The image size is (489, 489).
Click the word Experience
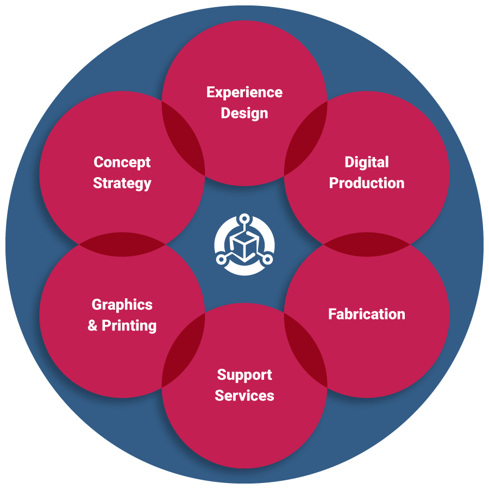coord(244,92)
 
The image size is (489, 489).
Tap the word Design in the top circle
coord(244,114)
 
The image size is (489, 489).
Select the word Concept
coord(122,162)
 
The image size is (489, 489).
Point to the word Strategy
coord(122,183)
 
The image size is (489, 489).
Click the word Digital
coord(367,162)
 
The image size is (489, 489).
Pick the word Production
coord(367,183)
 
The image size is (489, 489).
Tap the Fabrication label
coord(367,314)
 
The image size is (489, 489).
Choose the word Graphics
coord(122,305)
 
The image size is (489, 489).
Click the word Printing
coord(129,326)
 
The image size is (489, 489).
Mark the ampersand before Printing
coord(93,326)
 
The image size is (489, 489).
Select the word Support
coord(244,375)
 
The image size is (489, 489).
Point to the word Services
coord(244,396)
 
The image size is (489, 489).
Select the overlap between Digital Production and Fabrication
coord(367,244)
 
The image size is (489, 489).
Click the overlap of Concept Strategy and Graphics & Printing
coord(122,244)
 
